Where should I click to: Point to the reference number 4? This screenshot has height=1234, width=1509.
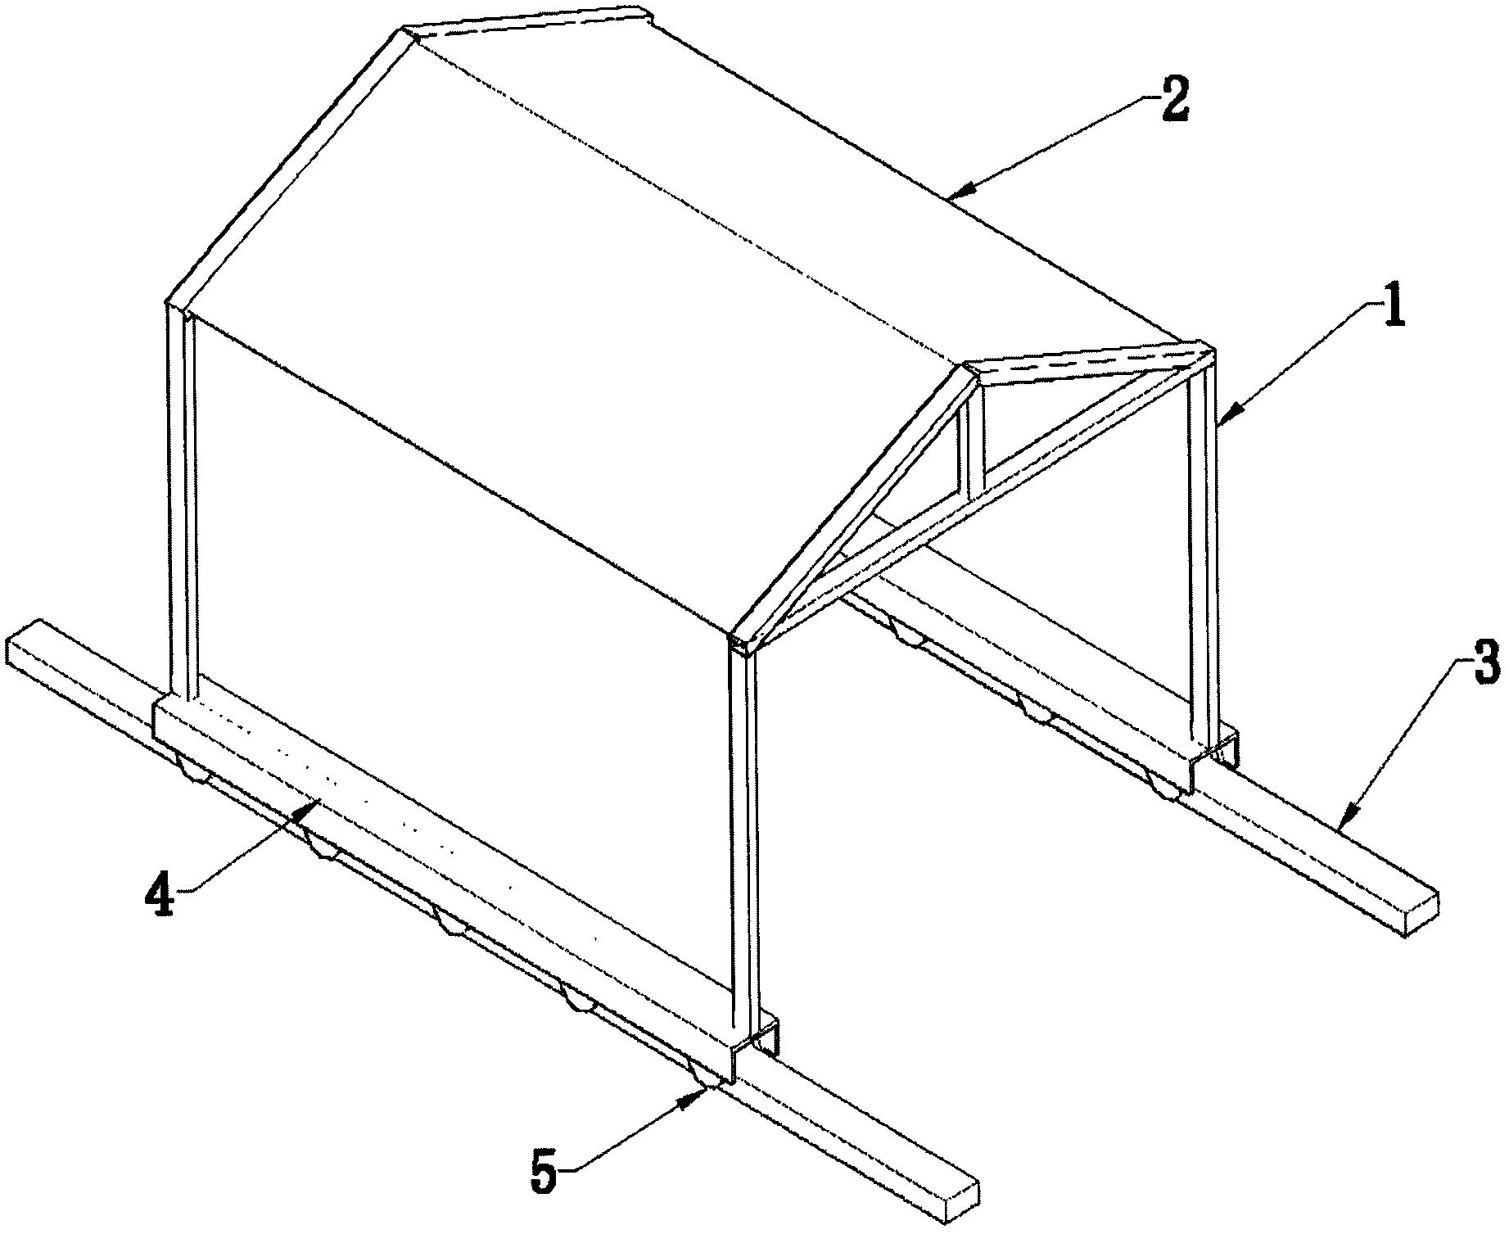point(160,894)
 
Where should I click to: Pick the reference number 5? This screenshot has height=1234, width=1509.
point(545,1173)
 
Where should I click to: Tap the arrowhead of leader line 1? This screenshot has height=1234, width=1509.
point(1222,419)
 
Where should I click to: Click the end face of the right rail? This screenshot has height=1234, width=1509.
point(1422,916)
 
